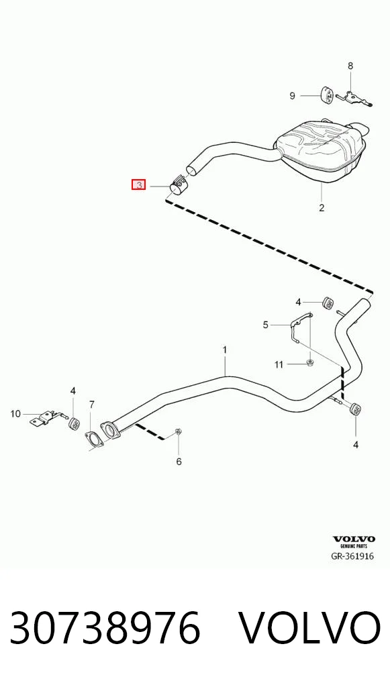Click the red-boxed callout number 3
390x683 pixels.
(138, 185)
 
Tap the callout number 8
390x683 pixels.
(350, 66)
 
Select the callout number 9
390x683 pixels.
(293, 95)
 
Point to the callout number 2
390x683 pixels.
(322, 208)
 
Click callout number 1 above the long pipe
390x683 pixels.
(225, 350)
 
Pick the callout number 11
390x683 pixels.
(279, 364)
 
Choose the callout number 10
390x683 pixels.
(15, 413)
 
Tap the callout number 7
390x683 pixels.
(91, 405)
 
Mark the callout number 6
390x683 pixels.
(179, 462)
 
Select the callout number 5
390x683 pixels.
(265, 325)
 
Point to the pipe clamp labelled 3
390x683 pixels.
(179, 186)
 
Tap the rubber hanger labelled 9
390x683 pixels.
(326, 95)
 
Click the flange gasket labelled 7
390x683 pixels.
(93, 439)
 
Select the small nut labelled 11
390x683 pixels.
(310, 362)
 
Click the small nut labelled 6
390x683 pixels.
(179, 431)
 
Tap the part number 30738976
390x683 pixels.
(105, 627)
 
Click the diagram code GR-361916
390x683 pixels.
(352, 556)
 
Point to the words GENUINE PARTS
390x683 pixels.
(354, 546)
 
